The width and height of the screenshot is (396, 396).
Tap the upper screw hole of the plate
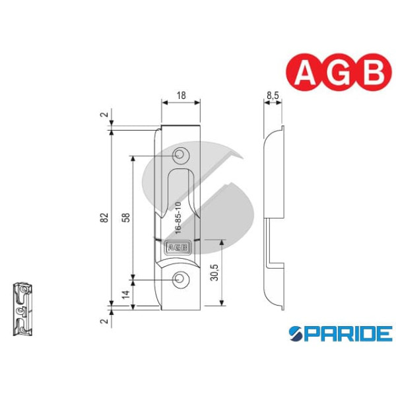[x=180, y=156]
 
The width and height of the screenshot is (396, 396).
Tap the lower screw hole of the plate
[x=180, y=280]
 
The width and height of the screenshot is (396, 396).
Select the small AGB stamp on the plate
[x=178, y=249]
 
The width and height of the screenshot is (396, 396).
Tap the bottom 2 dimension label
[x=104, y=321]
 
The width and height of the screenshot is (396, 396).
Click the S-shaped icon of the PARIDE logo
[x=296, y=334]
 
